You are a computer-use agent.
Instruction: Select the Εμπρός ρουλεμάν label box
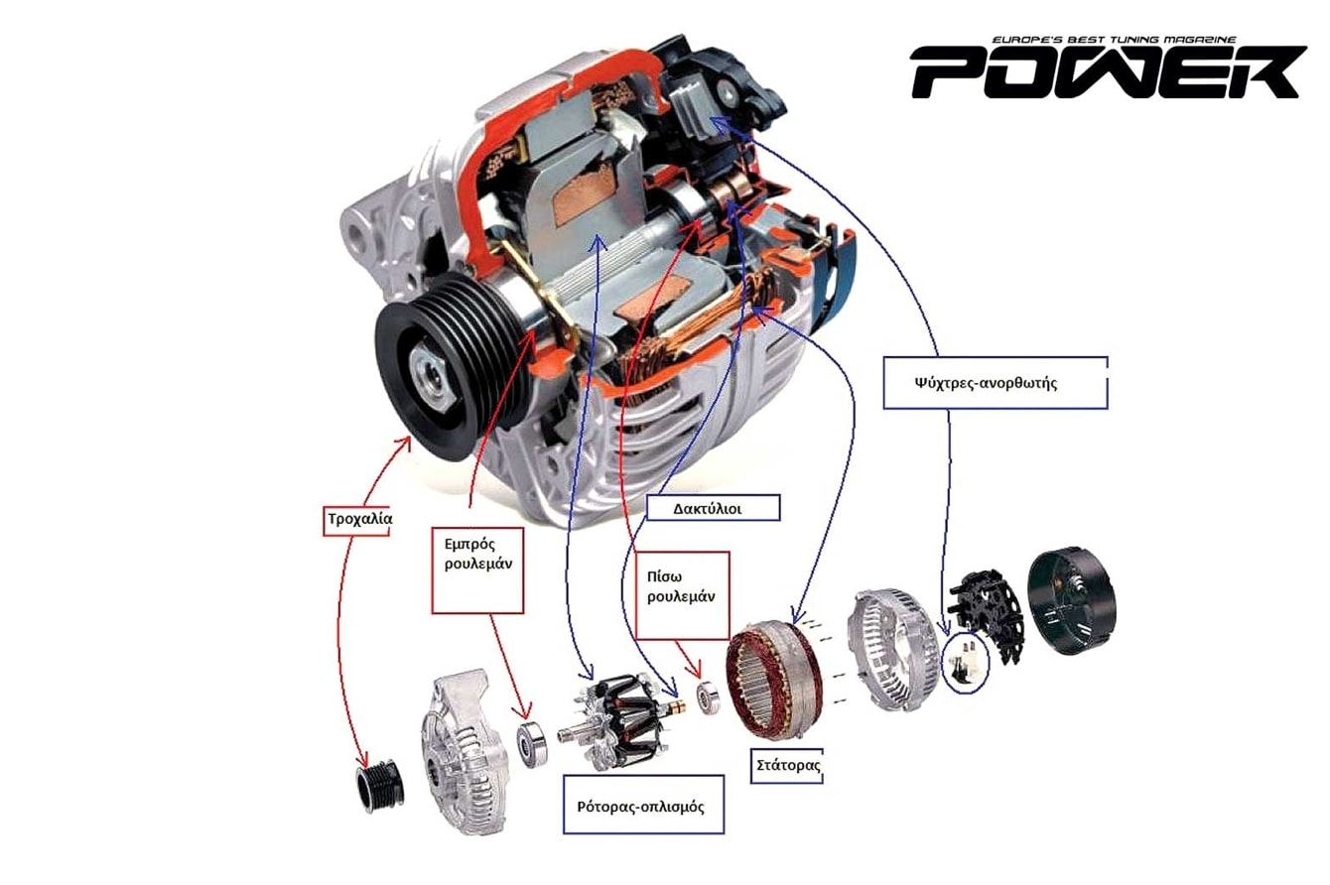coord(476,569)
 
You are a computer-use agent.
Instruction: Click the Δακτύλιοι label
coord(712,507)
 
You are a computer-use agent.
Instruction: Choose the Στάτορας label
coord(786,765)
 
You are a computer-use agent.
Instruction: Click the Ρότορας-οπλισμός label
coord(639,805)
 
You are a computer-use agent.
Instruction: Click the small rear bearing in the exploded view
coord(708,698)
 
